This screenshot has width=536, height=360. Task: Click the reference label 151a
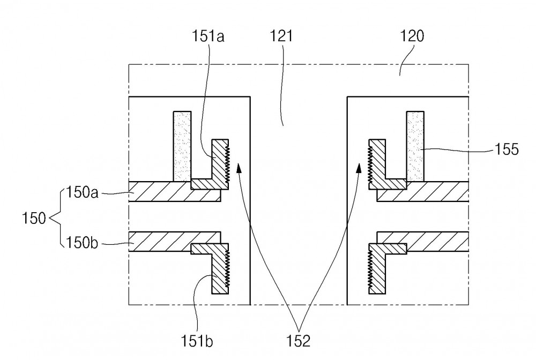click(208, 36)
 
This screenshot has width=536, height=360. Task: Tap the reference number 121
click(281, 36)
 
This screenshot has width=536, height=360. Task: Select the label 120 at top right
click(412, 36)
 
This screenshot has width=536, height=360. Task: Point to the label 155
click(507, 149)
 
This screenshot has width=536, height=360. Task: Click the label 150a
click(82, 192)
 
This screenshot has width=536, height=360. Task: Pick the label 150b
click(82, 243)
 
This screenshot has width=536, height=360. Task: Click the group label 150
click(33, 218)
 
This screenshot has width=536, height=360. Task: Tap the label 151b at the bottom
click(197, 341)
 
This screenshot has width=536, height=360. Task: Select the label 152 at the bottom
click(299, 341)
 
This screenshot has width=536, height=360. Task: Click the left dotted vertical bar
click(182, 146)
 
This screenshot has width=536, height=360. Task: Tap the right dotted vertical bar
click(415, 146)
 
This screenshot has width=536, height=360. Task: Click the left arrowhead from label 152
click(239, 168)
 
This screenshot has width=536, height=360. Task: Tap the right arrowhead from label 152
click(359, 168)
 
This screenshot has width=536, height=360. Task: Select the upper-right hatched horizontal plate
click(423, 192)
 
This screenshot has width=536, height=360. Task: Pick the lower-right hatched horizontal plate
click(423, 242)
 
